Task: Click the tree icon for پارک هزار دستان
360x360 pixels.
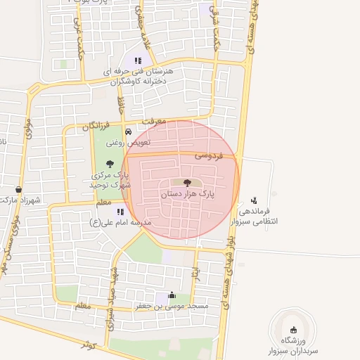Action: (186, 183)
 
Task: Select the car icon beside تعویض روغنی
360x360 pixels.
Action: (127, 132)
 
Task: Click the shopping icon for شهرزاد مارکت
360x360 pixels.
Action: (18, 189)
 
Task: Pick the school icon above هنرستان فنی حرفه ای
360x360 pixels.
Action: (138, 60)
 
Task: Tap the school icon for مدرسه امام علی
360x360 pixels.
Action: (120, 211)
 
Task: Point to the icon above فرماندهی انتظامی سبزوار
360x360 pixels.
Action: (254, 200)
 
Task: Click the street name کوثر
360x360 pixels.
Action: (87, 345)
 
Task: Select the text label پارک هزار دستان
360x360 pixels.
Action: (187, 192)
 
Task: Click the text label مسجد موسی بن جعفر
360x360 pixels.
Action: (172, 307)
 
